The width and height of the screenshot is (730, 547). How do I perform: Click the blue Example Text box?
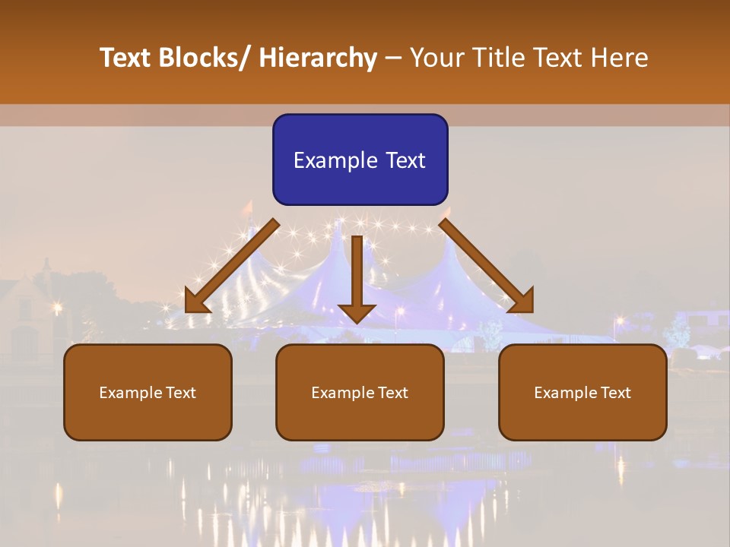[x=360, y=160]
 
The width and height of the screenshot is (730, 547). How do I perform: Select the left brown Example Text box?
[x=148, y=392]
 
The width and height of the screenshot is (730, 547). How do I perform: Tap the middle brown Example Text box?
[x=360, y=392]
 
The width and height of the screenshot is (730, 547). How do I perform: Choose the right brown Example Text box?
[x=582, y=392]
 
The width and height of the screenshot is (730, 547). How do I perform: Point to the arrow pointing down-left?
[x=232, y=267]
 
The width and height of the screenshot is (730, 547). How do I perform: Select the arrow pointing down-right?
[x=487, y=267]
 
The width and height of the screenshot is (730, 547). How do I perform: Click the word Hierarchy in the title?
[x=318, y=58]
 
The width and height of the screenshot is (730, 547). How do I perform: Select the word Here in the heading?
[x=619, y=58]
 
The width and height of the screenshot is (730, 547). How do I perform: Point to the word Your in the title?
[x=438, y=58]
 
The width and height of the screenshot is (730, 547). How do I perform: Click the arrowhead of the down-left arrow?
[x=195, y=302]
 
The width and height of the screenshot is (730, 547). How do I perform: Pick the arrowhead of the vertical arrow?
[x=357, y=312]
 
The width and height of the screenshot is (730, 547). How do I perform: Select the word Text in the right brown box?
[x=615, y=392]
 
